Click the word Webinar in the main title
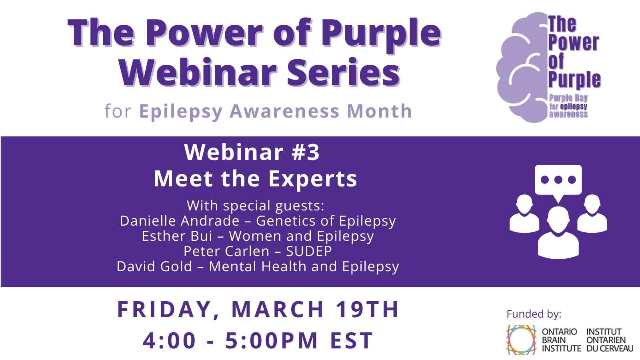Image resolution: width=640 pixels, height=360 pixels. click(198, 72)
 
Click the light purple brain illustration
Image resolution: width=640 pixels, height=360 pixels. click(522, 68)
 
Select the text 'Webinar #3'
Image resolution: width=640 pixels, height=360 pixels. click(252, 152)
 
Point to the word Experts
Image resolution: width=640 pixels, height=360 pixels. click(312, 180)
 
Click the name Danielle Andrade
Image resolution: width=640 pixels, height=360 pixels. click(180, 221)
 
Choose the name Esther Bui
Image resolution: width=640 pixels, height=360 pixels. click(177, 236)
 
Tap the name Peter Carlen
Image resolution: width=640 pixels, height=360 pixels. click(226, 251)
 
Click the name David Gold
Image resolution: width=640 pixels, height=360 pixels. click(154, 266)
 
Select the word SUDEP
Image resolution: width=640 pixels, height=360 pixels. click(309, 251)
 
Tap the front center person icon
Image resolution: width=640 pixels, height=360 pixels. click(558, 233)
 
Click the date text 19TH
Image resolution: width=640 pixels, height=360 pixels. click(367, 309)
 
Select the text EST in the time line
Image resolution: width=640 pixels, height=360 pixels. click(352, 340)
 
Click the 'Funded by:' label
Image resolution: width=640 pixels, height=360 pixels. click(534, 314)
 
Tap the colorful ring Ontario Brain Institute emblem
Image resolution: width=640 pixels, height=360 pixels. click(522, 340)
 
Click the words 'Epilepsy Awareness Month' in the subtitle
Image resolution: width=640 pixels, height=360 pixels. click(276, 111)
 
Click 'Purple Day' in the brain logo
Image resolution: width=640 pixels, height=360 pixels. click(568, 98)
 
